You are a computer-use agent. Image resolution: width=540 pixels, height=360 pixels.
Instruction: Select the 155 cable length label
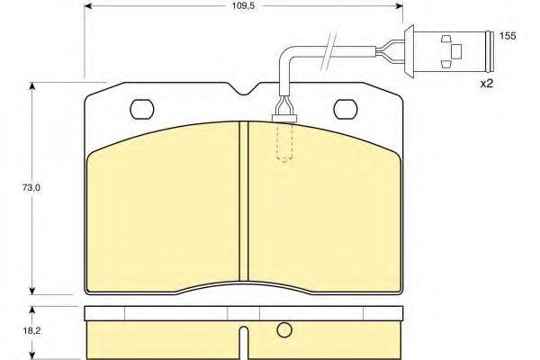click(x=508, y=36)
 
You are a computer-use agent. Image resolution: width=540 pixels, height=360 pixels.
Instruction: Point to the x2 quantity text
click(x=487, y=84)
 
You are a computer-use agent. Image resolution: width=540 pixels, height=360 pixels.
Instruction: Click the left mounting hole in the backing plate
click(x=142, y=109)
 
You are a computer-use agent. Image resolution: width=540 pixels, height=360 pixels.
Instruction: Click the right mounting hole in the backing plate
click(x=346, y=109)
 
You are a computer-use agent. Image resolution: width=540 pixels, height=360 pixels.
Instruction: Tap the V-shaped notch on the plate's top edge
click(x=245, y=89)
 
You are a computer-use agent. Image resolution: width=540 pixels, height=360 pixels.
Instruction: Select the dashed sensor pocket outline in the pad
click(x=284, y=142)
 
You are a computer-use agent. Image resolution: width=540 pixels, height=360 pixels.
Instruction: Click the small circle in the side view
click(x=284, y=330)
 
